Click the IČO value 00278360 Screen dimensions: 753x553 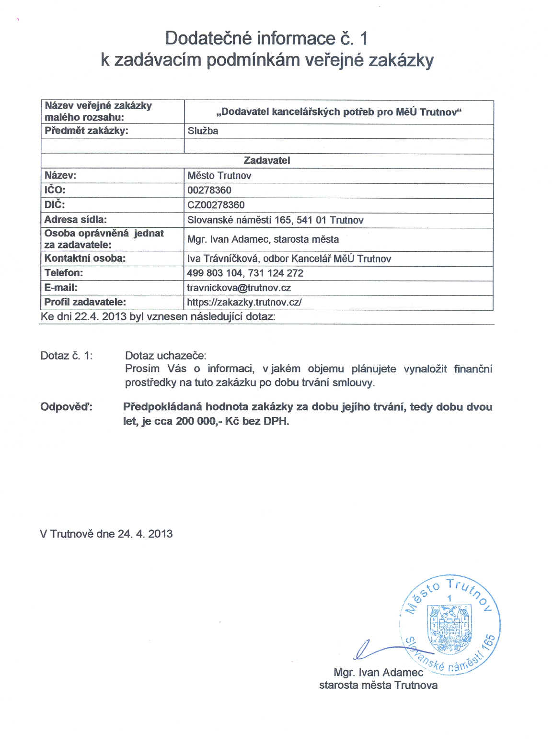[x=209, y=190]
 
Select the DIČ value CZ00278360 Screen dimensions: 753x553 [x=216, y=205]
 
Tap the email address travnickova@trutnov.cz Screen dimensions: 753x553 [x=239, y=288]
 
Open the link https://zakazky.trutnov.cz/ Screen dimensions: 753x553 [x=244, y=302]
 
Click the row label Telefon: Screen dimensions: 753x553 [x=64, y=273]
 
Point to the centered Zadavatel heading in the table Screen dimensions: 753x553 [x=267, y=160]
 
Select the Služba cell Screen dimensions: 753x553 [x=203, y=131]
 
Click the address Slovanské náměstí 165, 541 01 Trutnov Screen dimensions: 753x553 [x=275, y=220]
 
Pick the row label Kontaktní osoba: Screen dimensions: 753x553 [x=85, y=258]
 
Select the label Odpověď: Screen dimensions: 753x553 [x=66, y=407]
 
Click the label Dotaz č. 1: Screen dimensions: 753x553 [x=67, y=356]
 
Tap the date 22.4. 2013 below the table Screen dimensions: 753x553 [x=100, y=316]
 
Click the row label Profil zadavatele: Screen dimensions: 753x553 [x=85, y=302]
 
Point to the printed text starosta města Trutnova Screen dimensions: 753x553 [x=378, y=685]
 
